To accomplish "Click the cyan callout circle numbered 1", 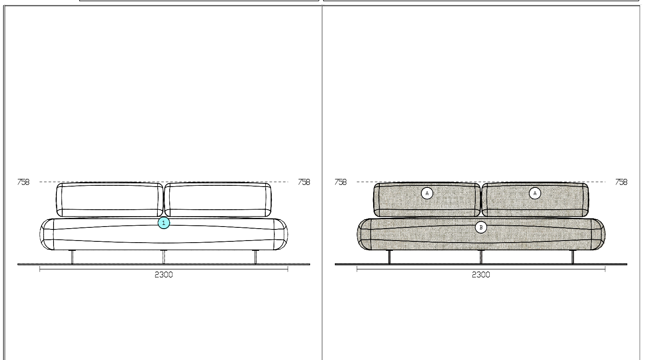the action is (164, 223).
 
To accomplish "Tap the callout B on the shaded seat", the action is (481, 227).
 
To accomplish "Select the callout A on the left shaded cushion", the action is (427, 193).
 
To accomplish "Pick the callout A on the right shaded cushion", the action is (535, 193).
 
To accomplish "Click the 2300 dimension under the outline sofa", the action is (164, 275).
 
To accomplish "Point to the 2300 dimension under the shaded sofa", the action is (481, 275).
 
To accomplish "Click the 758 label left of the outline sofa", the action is (23, 182).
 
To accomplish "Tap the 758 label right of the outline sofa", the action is (304, 182).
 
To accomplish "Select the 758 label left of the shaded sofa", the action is (340, 182).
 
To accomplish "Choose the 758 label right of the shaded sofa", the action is (621, 182).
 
